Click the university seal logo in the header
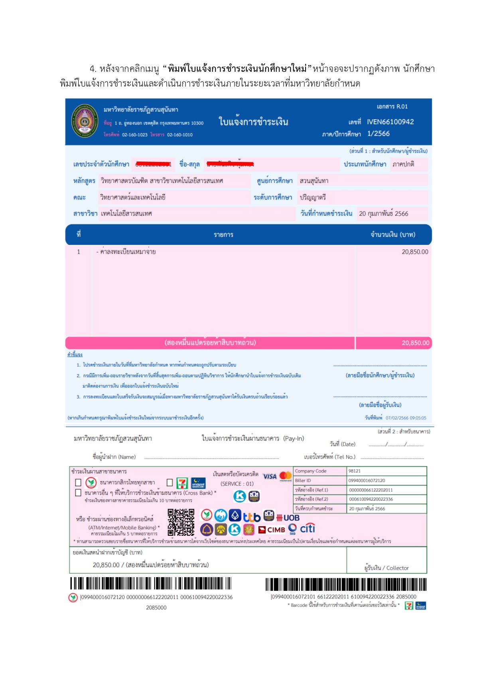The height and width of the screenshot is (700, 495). pos(84,121)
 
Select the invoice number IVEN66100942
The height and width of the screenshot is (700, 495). pos(390,122)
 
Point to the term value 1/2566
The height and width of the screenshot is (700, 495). pos(378,134)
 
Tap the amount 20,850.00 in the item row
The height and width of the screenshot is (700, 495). pos(415,252)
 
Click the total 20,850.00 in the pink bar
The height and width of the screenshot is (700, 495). pos(415,343)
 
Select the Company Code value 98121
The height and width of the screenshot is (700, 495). pos(355,471)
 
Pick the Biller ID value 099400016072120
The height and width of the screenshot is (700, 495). pos(367,481)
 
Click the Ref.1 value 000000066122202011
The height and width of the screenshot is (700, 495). pos(371,490)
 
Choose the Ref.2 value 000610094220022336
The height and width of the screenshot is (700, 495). pos(371,499)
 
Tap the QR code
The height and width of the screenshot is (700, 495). pos(181,522)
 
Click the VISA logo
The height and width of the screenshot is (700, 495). pos(270,476)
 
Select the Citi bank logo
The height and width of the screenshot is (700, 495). pos(307,529)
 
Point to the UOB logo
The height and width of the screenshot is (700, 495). pos(288,518)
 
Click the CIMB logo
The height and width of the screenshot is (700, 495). pos(272,530)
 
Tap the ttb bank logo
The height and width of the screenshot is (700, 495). pos(252,517)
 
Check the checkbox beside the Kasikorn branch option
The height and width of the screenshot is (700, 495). pos(79,483)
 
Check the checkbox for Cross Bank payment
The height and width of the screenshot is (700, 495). pos(79,493)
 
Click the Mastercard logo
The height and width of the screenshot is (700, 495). pos(286,476)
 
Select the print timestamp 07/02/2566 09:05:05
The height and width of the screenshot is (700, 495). pos(406,418)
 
